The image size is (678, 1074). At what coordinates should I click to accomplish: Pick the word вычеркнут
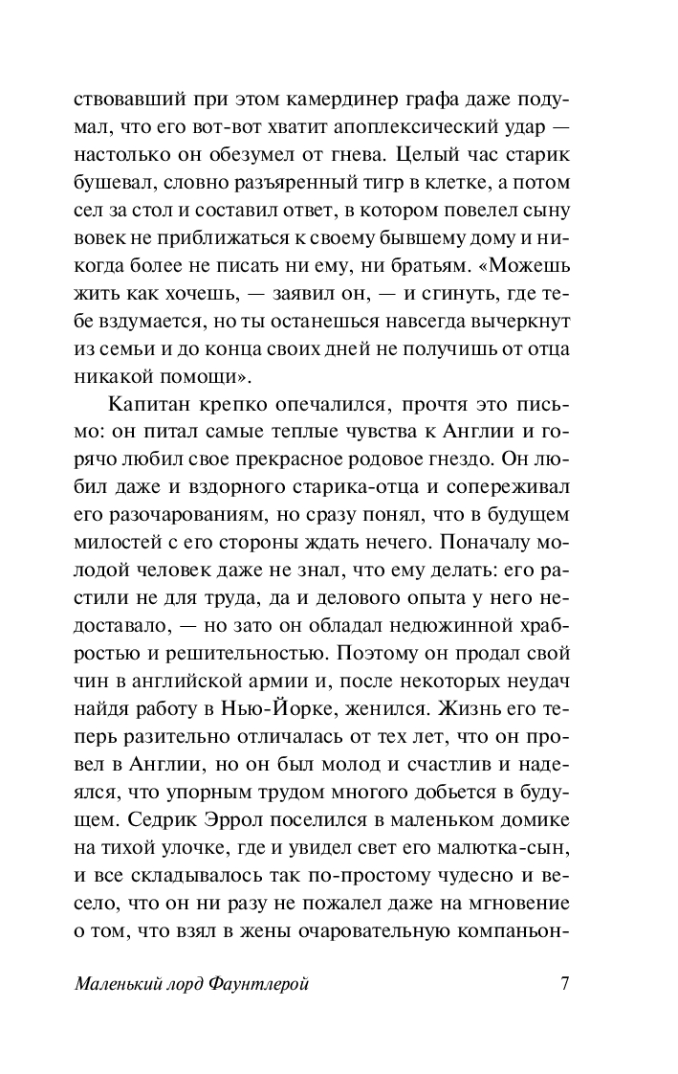[x=517, y=317]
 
